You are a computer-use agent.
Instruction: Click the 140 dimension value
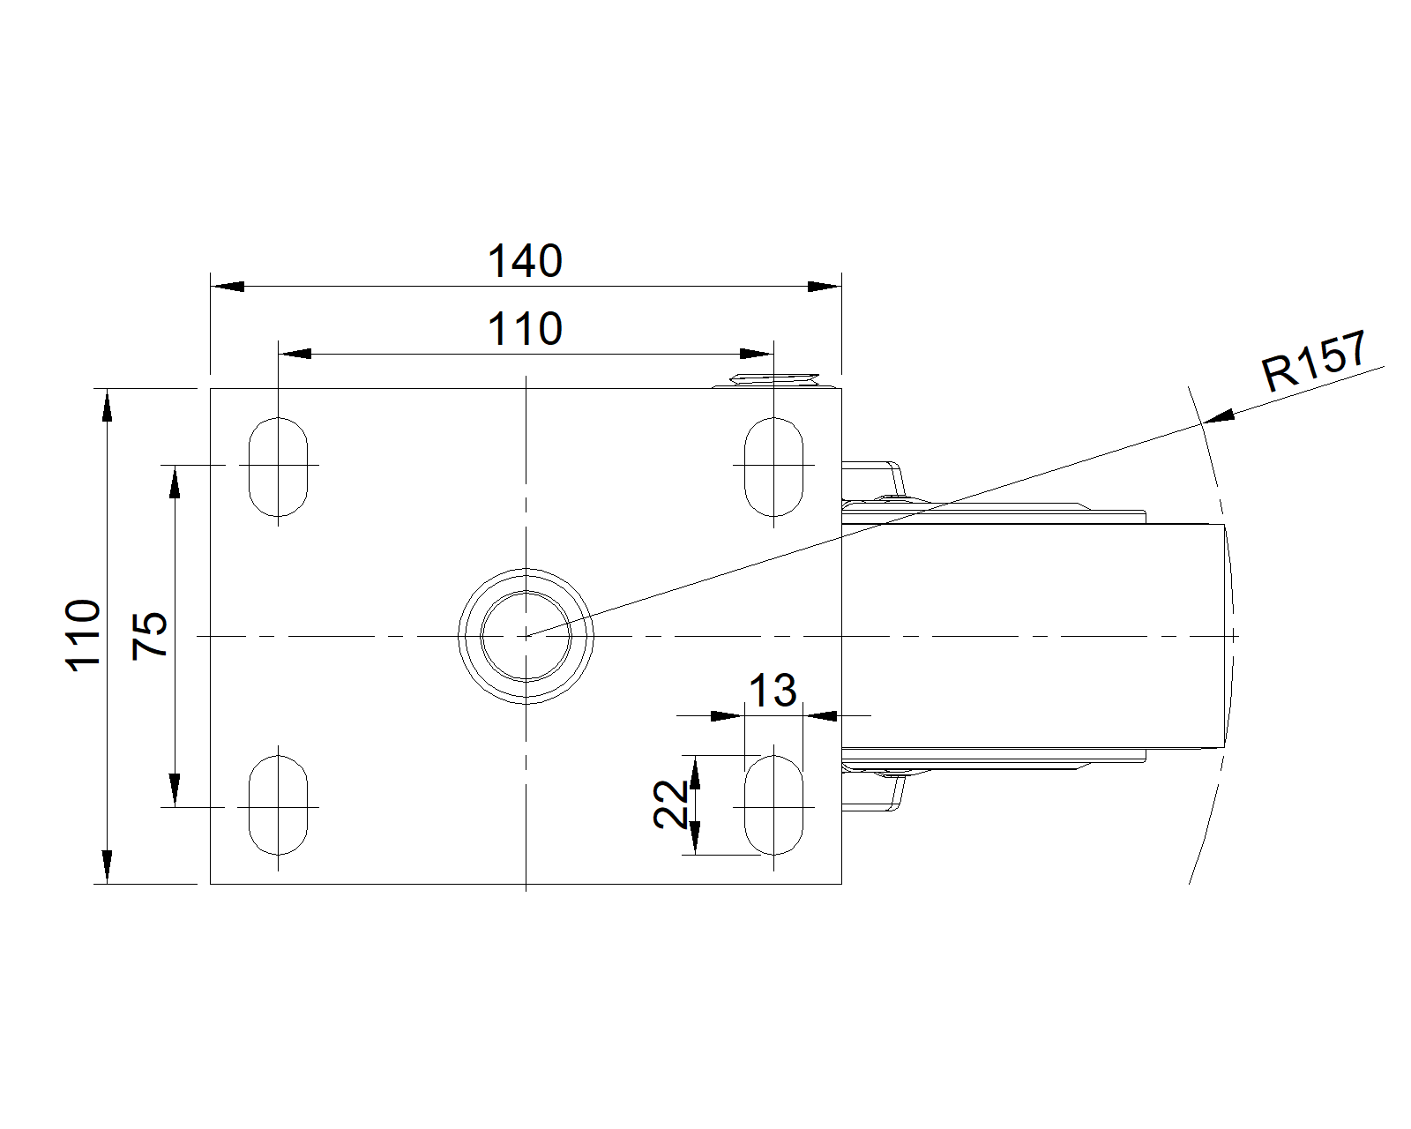point(525,260)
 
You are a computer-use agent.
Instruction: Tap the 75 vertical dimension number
point(150,635)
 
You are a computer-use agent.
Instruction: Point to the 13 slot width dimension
point(773,690)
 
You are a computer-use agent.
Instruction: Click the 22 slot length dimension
point(670,804)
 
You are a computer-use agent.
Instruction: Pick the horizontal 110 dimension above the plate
point(525,329)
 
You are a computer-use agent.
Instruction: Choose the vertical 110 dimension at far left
point(83,635)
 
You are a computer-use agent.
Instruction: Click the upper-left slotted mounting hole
point(278,467)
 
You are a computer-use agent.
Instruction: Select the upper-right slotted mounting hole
point(773,467)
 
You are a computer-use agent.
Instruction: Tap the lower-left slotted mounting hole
point(278,805)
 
